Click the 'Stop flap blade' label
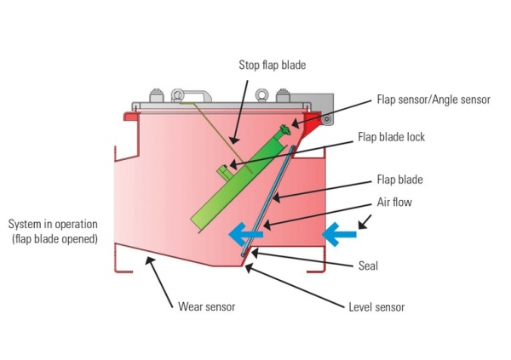pos(273,65)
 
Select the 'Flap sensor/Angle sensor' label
pos(433,100)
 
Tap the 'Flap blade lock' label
pos(391,137)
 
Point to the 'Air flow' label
pos(394,202)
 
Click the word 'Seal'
pos(368,266)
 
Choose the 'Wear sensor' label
pos(207,306)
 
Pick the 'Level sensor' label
pos(376,307)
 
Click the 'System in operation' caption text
pos(53,224)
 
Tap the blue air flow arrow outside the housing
pos(339,234)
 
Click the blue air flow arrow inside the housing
pos(246,234)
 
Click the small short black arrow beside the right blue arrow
pos(365,222)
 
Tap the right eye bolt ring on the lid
pos(261,95)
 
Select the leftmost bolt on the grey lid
pos(156,95)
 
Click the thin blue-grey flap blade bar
pos(268,201)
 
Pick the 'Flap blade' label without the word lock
pos(400,180)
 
